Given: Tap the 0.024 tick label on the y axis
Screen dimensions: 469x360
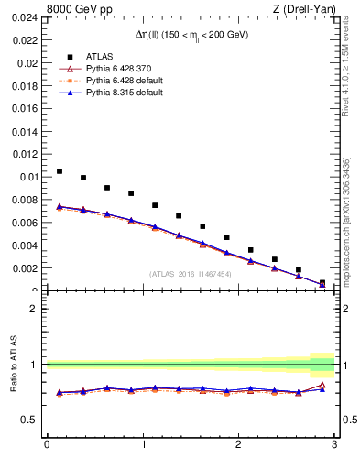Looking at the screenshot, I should click(25, 18).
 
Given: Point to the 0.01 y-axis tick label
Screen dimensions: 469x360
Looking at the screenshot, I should click(27, 177).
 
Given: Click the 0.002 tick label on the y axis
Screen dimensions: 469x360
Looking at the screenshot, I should click(25, 268).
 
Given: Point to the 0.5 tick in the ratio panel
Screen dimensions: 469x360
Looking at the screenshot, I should click(30, 420).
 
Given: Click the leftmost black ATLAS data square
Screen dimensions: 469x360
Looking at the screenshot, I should click(60, 171).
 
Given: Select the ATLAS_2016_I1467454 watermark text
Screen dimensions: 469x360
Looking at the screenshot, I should click(190, 273).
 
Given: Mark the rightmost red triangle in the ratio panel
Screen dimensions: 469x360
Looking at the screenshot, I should click(322, 385).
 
